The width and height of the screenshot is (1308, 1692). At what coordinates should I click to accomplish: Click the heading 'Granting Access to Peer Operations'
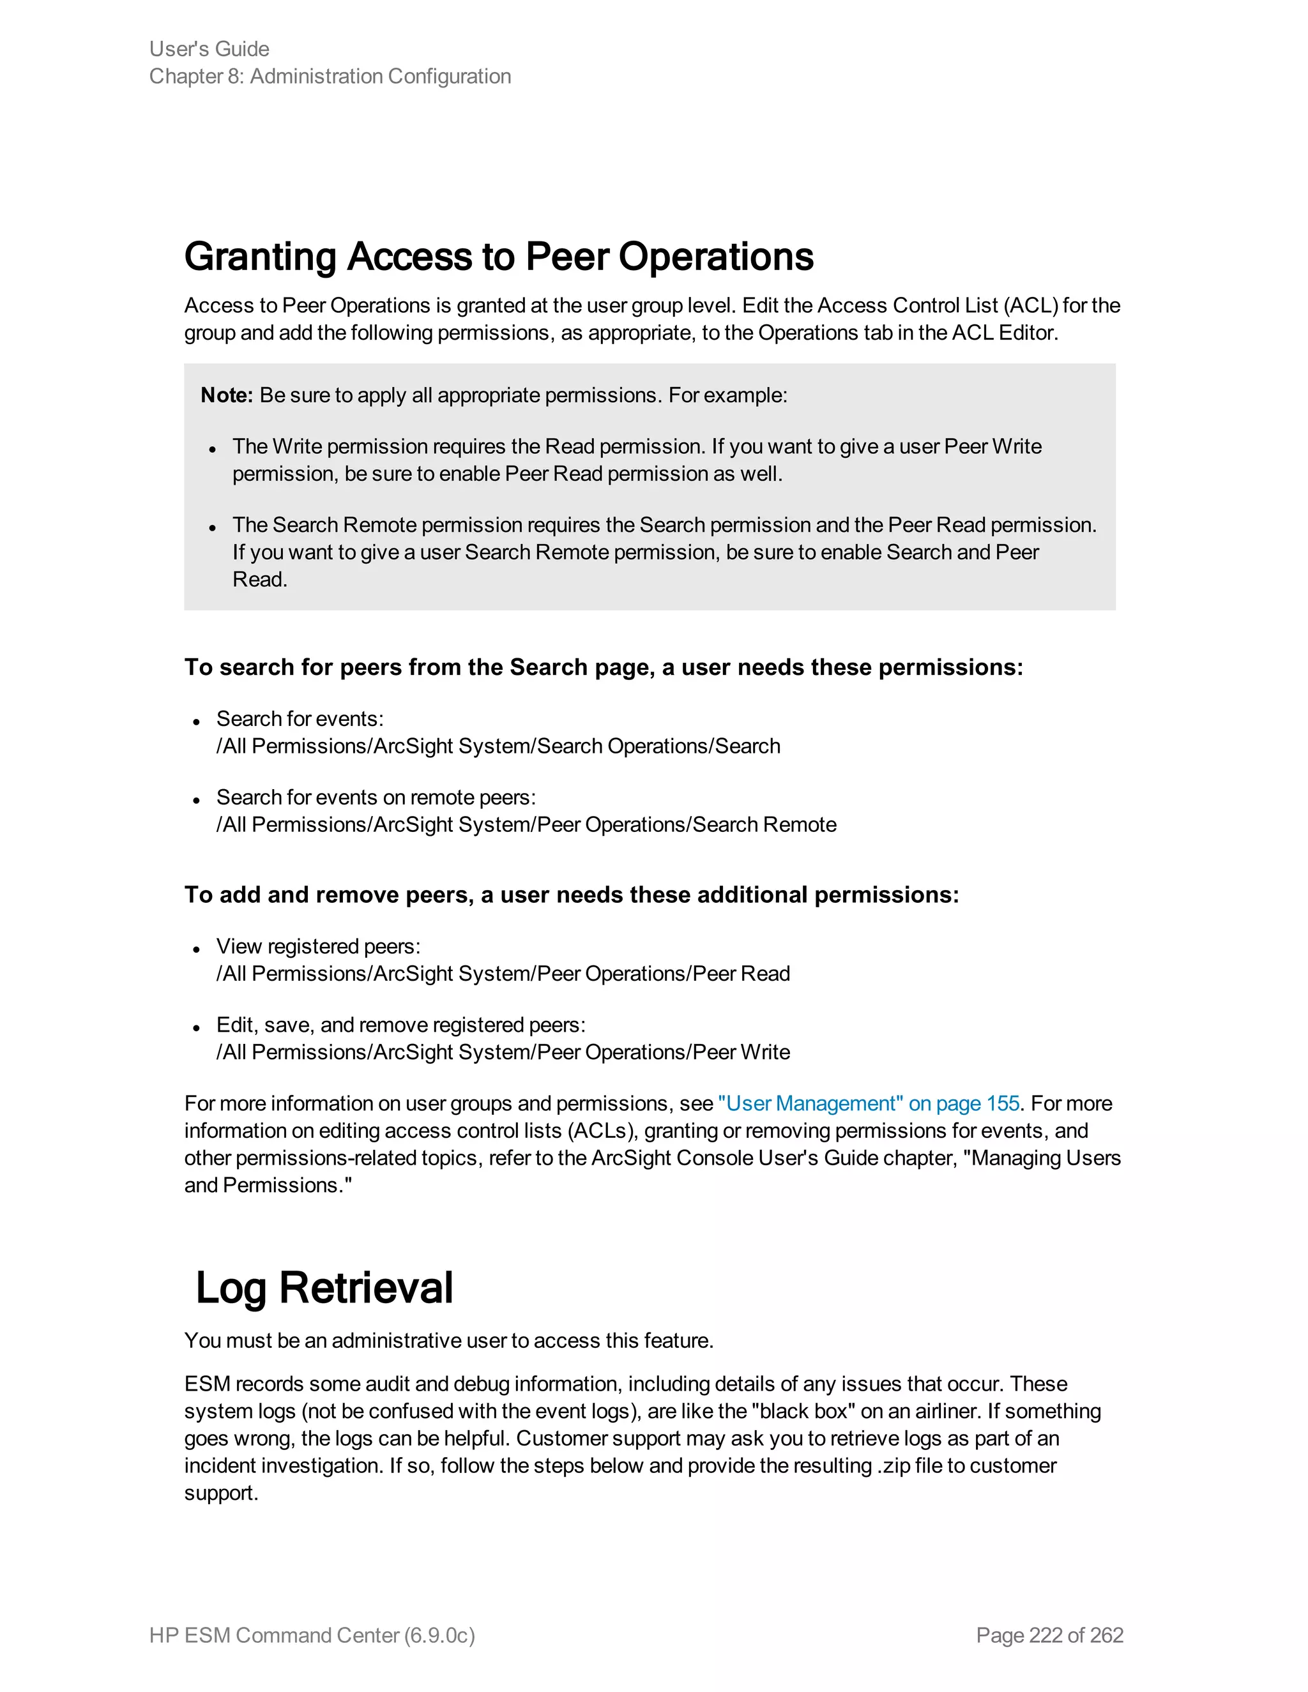[498, 257]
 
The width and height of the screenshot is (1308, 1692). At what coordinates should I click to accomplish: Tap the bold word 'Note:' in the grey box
[226, 395]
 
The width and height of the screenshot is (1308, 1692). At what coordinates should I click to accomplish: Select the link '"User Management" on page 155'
[868, 1103]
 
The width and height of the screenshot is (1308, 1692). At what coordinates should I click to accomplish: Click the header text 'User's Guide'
[209, 49]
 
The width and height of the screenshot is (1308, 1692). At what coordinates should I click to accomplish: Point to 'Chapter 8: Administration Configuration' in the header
[330, 76]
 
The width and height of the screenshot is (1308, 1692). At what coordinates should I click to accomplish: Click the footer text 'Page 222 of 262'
[1049, 1635]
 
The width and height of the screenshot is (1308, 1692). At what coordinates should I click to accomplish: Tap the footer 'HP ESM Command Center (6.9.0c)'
[312, 1635]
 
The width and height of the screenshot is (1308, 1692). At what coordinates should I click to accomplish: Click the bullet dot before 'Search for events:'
[197, 722]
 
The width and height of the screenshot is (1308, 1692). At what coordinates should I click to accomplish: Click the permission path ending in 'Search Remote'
[526, 824]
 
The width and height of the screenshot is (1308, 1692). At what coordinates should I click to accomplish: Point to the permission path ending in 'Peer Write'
[503, 1052]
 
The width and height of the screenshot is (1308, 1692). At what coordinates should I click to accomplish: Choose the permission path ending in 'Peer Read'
[503, 973]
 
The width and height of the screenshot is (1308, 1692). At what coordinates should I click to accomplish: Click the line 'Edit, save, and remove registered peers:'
[400, 1025]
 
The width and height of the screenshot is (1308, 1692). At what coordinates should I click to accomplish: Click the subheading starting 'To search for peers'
[603, 667]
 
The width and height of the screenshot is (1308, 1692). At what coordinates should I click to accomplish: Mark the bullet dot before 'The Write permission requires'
[212, 450]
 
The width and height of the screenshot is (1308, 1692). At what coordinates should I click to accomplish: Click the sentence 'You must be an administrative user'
[448, 1340]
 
